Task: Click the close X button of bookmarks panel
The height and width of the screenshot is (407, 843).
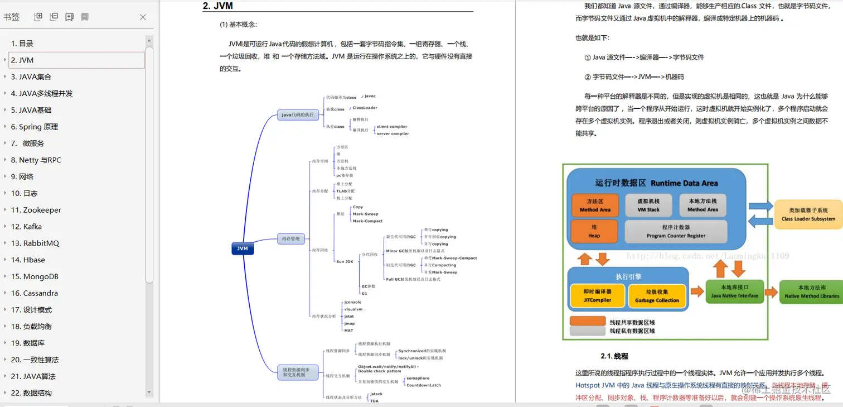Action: pyautogui.click(x=143, y=17)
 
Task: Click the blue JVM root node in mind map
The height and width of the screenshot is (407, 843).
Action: pyautogui.click(x=243, y=248)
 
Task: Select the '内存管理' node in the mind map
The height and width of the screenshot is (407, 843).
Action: pyautogui.click(x=290, y=239)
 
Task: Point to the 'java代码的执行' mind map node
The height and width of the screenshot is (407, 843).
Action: pyautogui.click(x=298, y=115)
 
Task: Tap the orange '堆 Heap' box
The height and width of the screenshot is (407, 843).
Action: pyautogui.click(x=594, y=231)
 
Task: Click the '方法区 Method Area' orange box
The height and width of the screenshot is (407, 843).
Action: pyautogui.click(x=595, y=205)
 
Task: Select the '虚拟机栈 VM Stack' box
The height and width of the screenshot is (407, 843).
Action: pyautogui.click(x=648, y=205)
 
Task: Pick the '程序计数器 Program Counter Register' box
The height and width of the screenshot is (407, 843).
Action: pyautogui.click(x=676, y=231)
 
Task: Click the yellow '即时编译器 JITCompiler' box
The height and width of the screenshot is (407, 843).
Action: pyautogui.click(x=598, y=295)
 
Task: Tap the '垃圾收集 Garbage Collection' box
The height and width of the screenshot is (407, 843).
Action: pyautogui.click(x=656, y=295)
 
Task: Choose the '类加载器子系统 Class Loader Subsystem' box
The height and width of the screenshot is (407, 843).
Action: pyautogui.click(x=808, y=214)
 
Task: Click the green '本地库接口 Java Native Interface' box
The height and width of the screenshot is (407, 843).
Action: pyautogui.click(x=734, y=291)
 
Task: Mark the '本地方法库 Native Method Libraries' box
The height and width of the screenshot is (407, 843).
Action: pyautogui.click(x=811, y=291)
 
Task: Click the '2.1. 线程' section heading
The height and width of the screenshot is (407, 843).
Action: pyautogui.click(x=614, y=356)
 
